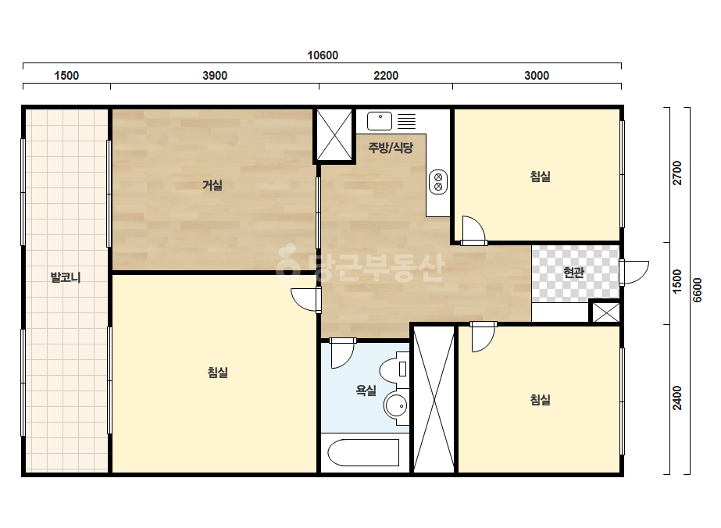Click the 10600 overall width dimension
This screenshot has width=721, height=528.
click(323, 55)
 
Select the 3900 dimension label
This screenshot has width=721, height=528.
click(215, 76)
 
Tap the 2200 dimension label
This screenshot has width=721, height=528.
click(386, 76)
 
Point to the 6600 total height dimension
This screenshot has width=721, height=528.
click(698, 290)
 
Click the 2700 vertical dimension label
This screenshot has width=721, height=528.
click(677, 173)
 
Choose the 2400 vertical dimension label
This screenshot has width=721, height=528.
click(677, 398)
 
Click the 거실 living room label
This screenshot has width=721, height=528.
click(212, 185)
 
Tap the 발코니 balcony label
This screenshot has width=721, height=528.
click(66, 277)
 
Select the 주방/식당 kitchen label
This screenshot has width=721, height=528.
click(391, 148)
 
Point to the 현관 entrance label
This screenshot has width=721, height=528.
click(573, 273)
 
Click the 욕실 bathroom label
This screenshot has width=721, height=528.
click(366, 391)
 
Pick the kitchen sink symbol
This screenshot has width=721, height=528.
click(380, 121)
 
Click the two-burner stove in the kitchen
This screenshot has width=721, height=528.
click(438, 182)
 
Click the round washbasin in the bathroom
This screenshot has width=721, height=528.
click(396, 406)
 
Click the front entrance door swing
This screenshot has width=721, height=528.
click(634, 273)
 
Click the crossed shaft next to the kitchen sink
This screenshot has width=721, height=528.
click(334, 134)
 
